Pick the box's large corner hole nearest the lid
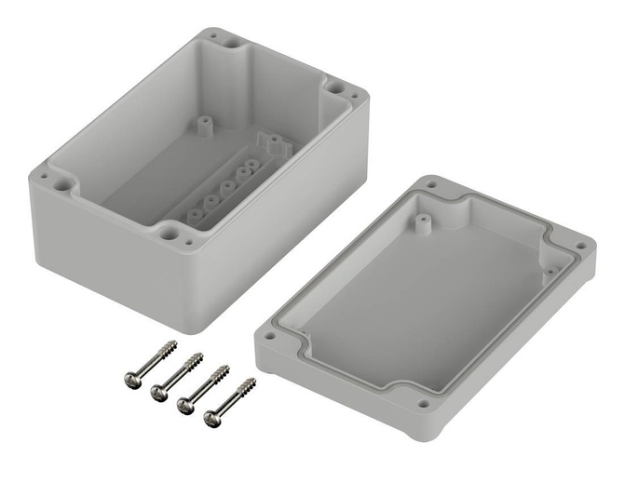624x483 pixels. pos(334,87)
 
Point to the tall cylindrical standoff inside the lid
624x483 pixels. pos(421,222)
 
